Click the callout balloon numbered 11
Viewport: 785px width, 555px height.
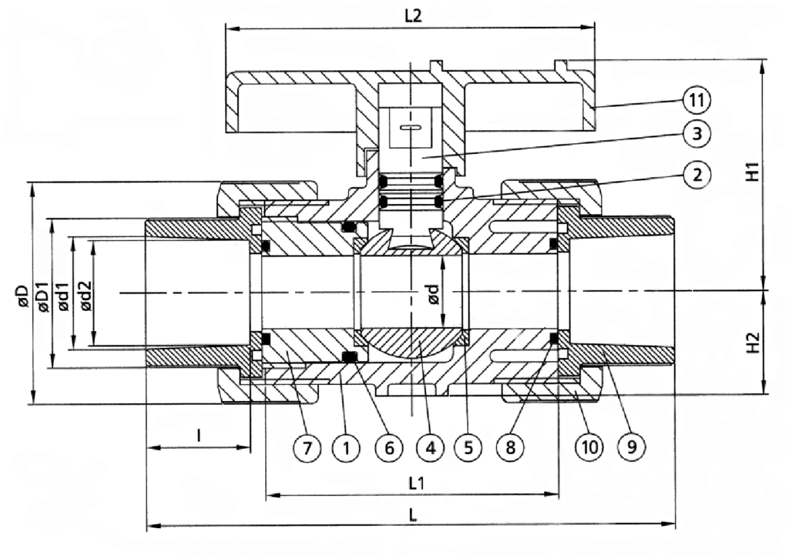(696, 99)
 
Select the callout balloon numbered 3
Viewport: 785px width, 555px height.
(696, 134)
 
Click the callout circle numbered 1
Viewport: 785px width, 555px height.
(347, 449)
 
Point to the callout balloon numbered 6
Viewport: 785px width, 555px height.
(390, 449)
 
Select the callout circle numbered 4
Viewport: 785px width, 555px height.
(430, 449)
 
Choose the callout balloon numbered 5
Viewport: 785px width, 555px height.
(468, 449)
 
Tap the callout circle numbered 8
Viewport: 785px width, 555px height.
(510, 449)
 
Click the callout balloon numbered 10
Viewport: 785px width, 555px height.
(589, 449)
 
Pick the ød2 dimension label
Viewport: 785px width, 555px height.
(86, 294)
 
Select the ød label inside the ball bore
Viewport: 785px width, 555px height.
(433, 294)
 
